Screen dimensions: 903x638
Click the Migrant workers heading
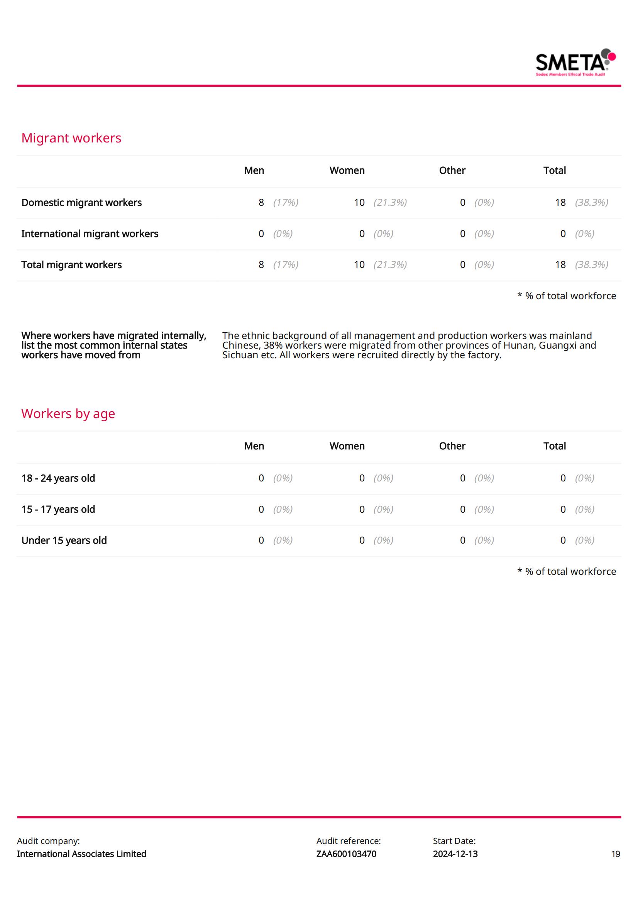71,138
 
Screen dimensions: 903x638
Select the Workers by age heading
68,414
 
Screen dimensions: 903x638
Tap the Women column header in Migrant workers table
347,170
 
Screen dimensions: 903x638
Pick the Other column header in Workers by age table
452,446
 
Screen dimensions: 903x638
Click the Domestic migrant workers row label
81,203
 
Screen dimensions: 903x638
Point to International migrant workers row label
90,234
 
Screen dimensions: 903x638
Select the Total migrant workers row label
71,265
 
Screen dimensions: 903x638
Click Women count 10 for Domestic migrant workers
359,203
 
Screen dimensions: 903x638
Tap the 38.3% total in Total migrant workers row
591,265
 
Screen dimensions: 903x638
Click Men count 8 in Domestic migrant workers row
261,203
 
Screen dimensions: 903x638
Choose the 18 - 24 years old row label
58,478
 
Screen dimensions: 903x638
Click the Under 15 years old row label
64,540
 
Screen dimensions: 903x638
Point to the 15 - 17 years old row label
58,509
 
